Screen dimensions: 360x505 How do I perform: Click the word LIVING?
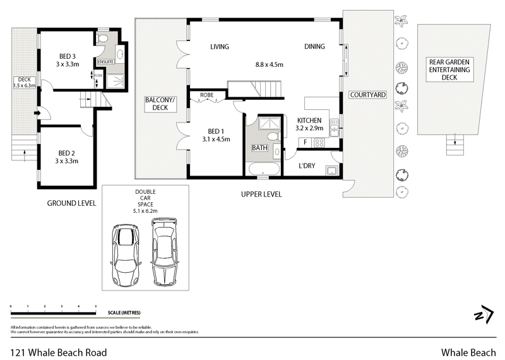click(220, 47)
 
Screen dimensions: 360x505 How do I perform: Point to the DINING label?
click(314, 47)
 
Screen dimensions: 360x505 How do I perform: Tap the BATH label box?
click(259, 148)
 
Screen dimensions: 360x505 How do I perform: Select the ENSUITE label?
click(105, 61)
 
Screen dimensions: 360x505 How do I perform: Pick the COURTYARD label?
click(367, 95)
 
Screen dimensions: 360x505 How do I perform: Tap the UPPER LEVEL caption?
click(261, 194)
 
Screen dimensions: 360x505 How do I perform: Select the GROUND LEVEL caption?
click(71, 203)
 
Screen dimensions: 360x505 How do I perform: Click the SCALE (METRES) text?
click(124, 313)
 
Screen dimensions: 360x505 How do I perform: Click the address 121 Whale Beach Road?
click(59, 352)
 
